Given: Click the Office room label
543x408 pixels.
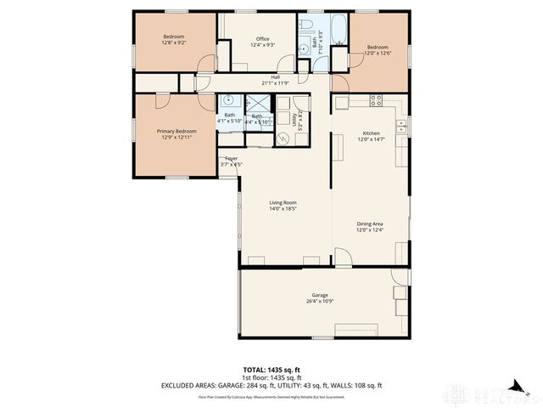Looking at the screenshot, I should [262, 39].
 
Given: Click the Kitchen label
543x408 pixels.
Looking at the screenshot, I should [372, 133].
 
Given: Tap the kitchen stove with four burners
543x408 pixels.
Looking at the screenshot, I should [376, 99].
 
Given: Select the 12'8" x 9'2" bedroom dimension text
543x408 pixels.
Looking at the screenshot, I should [174, 42].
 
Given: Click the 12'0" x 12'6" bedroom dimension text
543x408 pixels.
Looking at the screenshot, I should [378, 54].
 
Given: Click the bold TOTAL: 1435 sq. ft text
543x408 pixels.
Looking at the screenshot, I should [271, 370].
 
